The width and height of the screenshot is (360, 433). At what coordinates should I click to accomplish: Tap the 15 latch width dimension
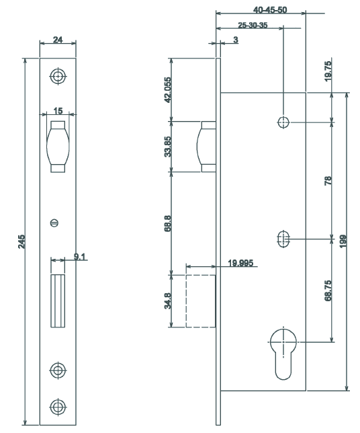[x=58, y=109]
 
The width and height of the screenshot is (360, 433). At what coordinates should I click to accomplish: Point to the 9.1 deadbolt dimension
[x=79, y=256]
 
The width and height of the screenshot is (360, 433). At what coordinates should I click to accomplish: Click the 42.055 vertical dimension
[x=167, y=88]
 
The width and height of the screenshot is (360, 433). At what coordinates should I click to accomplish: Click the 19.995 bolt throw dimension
[x=240, y=264]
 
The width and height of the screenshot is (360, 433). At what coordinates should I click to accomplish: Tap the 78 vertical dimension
[x=327, y=180]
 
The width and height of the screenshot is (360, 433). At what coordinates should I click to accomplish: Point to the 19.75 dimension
[x=327, y=72]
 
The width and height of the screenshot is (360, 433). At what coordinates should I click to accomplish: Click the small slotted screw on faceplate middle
[x=56, y=223]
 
